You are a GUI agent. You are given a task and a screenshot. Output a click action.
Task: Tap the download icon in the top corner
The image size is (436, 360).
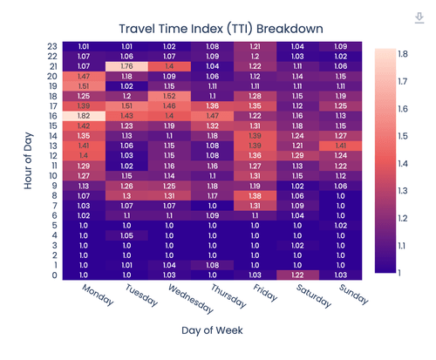point(420,18)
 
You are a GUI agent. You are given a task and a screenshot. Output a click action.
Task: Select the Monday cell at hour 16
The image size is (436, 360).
point(84,115)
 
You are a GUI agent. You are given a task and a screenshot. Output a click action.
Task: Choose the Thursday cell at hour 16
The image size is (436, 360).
point(212,115)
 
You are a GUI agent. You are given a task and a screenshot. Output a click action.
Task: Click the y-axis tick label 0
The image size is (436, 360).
point(55,275)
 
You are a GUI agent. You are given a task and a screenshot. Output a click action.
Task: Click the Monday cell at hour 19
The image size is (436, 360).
point(84,85)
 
